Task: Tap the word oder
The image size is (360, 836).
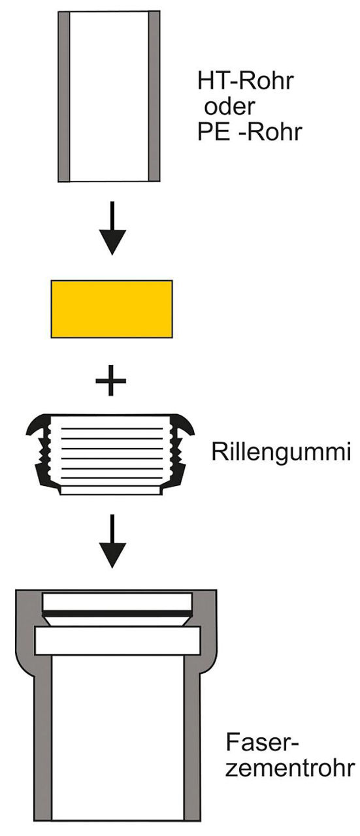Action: pyautogui.click(x=229, y=106)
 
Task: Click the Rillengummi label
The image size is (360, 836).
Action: pyautogui.click(x=281, y=452)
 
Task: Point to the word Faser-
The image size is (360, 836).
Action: pyautogui.click(x=262, y=742)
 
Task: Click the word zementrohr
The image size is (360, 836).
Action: pyautogui.click(x=289, y=767)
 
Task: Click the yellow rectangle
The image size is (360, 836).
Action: pyautogui.click(x=112, y=309)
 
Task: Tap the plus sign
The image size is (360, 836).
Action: pyautogui.click(x=111, y=381)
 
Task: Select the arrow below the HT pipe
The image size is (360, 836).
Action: pyautogui.click(x=112, y=229)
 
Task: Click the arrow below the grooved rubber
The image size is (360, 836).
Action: pyautogui.click(x=112, y=541)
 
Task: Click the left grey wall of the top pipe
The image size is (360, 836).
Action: pyautogui.click(x=64, y=97)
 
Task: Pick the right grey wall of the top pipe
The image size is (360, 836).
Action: pyautogui.click(x=154, y=97)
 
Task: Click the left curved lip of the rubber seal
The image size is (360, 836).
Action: pyautogui.click(x=37, y=425)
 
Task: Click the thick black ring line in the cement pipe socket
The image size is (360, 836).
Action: pyautogui.click(x=117, y=613)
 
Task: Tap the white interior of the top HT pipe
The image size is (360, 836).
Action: pyautogui.click(x=109, y=97)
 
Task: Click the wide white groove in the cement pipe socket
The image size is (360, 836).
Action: pyautogui.click(x=117, y=641)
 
